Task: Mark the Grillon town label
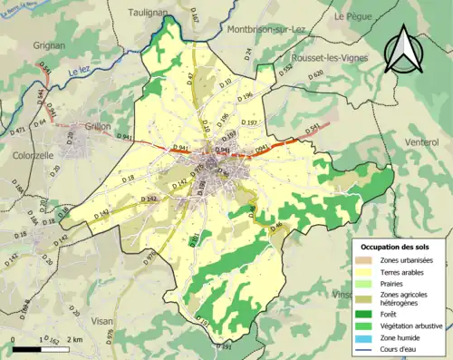(x=96, y=128)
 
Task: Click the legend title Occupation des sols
(x=397, y=246)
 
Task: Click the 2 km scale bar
(x=41, y=347)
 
